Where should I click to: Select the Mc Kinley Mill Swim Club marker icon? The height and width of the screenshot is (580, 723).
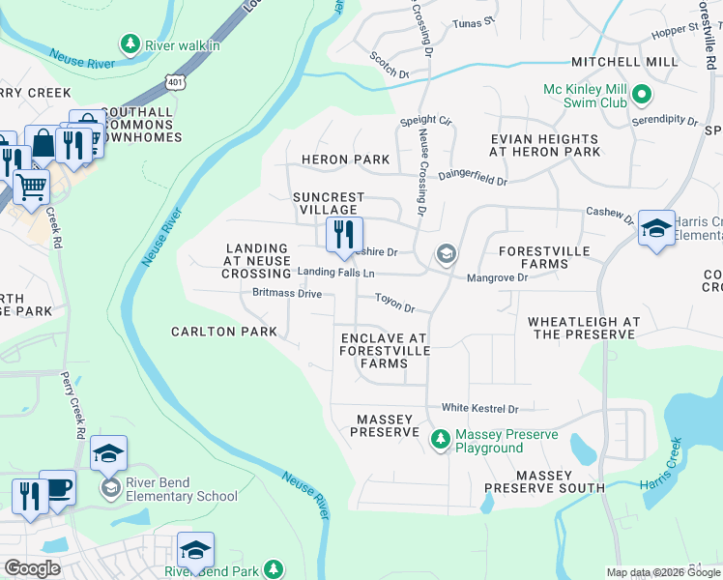point(643,96)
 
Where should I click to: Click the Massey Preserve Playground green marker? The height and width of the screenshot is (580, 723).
point(441,440)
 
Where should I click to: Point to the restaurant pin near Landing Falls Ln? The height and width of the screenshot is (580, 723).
point(343,236)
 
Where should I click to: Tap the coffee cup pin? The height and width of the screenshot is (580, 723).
point(57,488)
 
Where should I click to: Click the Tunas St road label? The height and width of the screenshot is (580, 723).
point(475,20)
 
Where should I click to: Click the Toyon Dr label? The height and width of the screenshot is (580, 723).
point(394,304)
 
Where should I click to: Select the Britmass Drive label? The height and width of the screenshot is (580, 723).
point(286,293)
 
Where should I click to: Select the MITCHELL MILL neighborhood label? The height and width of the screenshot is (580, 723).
point(623,62)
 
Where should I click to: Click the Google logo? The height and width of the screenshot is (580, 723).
point(32,568)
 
